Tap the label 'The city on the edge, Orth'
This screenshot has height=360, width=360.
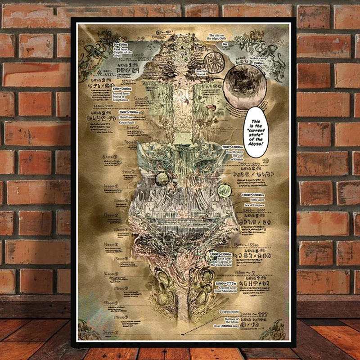coord(220,37)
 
